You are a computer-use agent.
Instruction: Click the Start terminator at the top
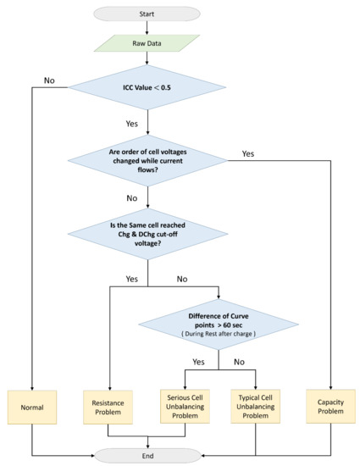[x=149, y=14]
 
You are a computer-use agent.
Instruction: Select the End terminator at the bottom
[x=149, y=454]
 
